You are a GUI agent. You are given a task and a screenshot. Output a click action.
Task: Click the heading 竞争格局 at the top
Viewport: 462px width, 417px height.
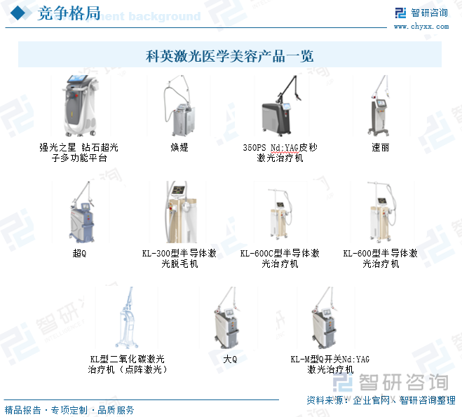69,13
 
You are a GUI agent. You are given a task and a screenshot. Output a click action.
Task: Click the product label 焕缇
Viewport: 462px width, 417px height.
179,148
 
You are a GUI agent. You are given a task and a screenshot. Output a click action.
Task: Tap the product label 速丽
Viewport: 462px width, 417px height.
381,148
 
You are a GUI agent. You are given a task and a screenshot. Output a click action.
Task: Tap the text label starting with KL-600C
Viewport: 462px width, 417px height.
280,258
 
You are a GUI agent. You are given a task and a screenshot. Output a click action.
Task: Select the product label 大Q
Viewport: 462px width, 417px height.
230,359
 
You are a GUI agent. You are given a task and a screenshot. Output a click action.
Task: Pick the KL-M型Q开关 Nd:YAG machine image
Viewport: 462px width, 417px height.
329,317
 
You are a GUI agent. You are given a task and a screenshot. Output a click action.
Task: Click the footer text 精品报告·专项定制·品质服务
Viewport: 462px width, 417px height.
69,410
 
